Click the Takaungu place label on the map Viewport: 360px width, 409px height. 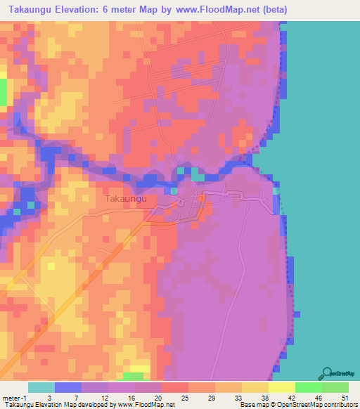tap(125, 199)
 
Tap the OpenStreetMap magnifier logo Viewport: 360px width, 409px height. tap(326, 374)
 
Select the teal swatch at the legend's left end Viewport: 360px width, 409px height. tap(41, 387)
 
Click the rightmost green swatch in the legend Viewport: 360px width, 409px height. tap(335, 387)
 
